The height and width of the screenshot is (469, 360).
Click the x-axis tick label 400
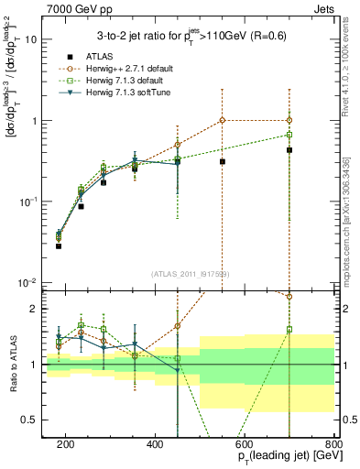(155, 446)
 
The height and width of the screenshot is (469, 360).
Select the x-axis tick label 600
(245, 446)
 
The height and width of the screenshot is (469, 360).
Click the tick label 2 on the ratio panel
(37, 309)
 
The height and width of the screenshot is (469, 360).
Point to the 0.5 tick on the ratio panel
(33, 420)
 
